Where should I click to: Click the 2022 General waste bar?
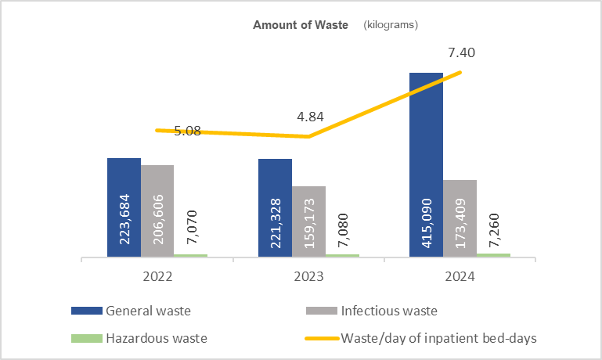point(124,207)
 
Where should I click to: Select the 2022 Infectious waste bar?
point(157,211)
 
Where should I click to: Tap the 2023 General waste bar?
point(275,207)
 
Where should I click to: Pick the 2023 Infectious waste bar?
point(308,221)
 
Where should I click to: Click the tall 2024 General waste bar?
point(426,164)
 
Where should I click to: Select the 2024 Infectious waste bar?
point(460,218)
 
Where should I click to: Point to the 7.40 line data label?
point(461,53)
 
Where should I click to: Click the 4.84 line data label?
point(310,118)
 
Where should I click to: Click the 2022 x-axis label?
point(157,276)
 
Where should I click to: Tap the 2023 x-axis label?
point(308,276)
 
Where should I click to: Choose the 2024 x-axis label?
point(460,276)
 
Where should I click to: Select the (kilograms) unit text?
point(391,24)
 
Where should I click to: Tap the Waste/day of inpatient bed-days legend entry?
point(437,338)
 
